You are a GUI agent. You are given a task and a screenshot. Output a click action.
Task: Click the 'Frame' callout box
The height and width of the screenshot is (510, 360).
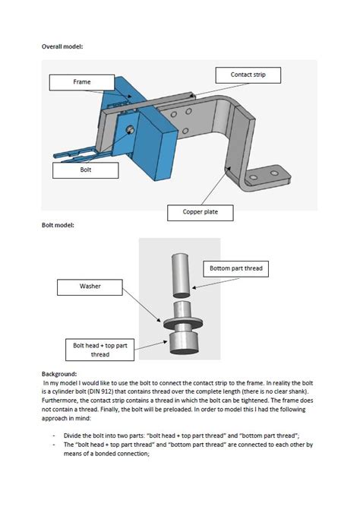[x=82, y=83]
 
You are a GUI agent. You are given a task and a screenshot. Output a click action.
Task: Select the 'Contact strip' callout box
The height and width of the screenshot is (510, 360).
[x=248, y=75]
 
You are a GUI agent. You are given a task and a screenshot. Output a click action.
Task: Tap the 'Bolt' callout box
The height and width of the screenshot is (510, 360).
[x=86, y=170]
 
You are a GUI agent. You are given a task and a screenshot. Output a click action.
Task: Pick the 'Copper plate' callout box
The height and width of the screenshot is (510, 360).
[x=201, y=213]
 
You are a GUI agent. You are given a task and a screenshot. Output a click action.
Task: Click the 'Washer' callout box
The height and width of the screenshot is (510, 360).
[x=90, y=287]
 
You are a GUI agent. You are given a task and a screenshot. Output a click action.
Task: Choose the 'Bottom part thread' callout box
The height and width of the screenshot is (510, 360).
[x=236, y=269]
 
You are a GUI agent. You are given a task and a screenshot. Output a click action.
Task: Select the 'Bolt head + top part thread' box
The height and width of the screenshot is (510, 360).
[x=99, y=350]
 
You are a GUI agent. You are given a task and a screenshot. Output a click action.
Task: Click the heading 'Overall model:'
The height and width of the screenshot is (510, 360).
[x=62, y=46]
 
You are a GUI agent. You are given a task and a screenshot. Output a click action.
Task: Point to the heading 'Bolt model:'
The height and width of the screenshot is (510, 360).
[x=58, y=225]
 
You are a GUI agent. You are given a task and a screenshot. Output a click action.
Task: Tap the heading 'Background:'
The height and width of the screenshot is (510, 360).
[x=59, y=374]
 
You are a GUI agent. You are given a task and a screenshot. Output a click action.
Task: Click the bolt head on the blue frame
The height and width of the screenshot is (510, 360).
[x=130, y=129]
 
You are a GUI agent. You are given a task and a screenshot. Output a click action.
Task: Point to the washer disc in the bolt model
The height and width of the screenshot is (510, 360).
[x=183, y=323]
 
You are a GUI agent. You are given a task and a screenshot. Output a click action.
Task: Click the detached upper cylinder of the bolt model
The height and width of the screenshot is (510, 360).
[x=181, y=275]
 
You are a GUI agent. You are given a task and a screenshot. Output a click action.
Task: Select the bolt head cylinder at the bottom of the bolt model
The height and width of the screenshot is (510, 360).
[x=184, y=342]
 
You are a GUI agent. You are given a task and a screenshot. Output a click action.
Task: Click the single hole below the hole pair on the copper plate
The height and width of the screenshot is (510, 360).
[x=185, y=131]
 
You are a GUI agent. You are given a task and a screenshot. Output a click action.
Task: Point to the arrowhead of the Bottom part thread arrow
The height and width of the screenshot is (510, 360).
[x=194, y=287]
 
